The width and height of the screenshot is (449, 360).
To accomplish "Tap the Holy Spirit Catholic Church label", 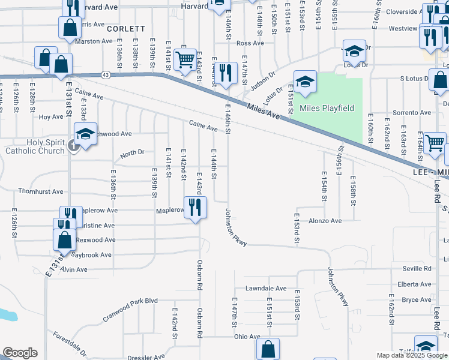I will click(35, 146).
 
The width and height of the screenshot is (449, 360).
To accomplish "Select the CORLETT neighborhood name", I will click(126, 28).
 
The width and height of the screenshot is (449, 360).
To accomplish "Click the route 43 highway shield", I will click(106, 74).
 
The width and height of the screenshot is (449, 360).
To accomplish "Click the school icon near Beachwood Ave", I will click(85, 136).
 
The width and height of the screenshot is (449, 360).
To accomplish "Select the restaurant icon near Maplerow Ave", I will click(196, 207).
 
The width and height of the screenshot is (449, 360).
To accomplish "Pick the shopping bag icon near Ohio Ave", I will click(268, 348).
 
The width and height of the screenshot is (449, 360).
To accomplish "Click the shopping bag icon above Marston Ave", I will click(70, 27).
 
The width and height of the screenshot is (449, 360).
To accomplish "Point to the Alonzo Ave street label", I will click(324, 221).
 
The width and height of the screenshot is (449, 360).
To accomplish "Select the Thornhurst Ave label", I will click(40, 192).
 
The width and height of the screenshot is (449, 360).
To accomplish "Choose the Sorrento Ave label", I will click(412, 113).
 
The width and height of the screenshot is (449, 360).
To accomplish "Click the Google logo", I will click(19, 353).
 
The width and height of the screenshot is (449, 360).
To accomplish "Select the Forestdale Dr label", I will click(69, 344).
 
